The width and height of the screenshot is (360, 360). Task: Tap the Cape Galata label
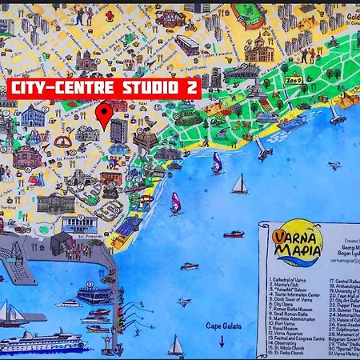222,326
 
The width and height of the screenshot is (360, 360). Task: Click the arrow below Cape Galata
222,340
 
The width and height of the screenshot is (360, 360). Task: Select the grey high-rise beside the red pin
118,130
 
